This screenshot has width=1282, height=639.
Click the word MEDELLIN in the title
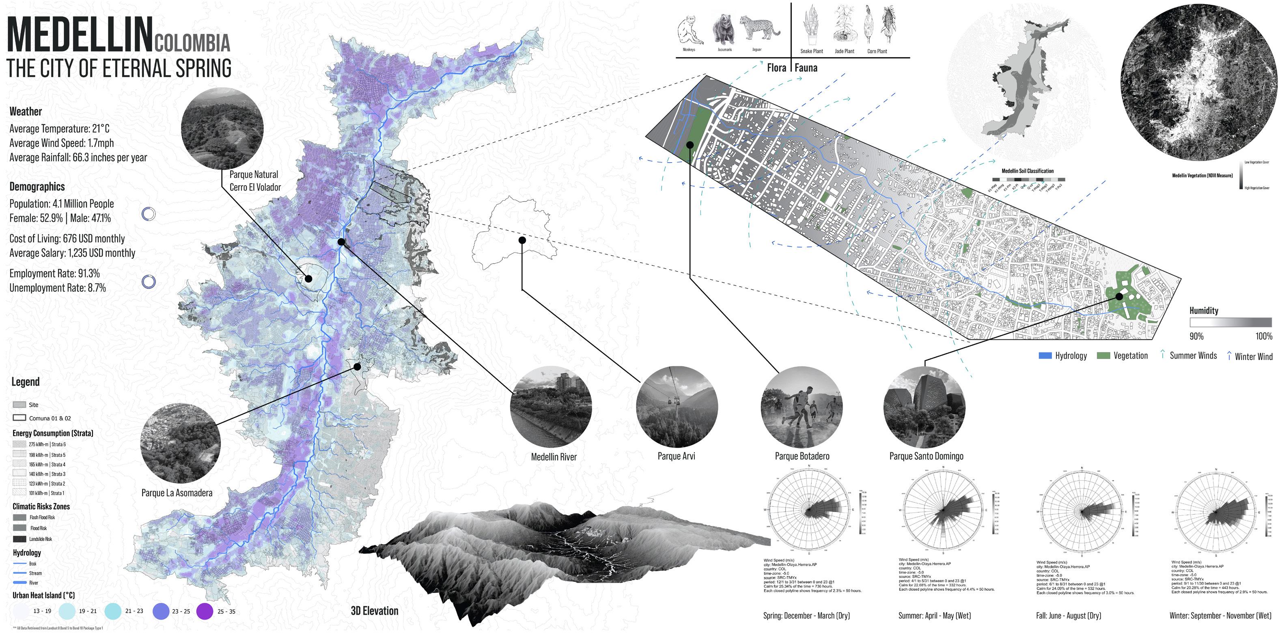[80, 35]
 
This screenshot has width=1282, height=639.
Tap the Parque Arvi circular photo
[677, 407]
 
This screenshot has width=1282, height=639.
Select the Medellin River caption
[554, 457]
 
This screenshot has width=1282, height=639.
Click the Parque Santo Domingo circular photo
[924, 407]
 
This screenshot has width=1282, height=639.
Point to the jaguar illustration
[757, 28]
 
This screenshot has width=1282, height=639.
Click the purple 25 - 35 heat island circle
[205, 611]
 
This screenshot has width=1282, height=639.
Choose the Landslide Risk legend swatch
[19, 539]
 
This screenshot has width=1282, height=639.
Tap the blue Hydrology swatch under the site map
[1045, 356]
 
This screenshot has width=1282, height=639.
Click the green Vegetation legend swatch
[1103, 356]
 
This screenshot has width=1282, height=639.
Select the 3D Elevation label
[374, 611]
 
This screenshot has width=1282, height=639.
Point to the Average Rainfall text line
[78, 158]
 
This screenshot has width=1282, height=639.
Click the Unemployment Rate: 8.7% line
[58, 288]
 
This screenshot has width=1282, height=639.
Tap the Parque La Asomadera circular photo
[180, 443]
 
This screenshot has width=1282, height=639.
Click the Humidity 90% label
[1196, 336]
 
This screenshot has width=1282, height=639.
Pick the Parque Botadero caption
[802, 456]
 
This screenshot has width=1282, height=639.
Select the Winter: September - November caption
[1220, 615]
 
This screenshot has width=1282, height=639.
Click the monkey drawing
[689, 30]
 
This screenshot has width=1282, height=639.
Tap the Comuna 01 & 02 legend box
[19, 418]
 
